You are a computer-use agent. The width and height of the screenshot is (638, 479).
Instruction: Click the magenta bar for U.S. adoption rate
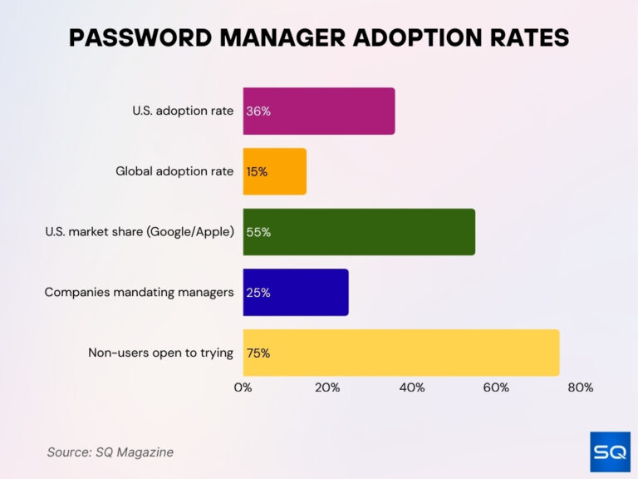pos(319,111)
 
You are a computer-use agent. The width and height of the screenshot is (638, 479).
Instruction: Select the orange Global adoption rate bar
pos(275,171)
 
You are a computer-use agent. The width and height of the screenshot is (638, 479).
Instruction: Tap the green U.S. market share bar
pos(359,232)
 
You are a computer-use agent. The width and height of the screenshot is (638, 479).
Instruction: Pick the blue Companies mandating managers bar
pos(296,292)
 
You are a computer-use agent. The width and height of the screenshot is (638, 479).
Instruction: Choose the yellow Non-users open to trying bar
pos(401,353)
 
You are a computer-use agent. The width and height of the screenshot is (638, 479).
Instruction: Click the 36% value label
pos(258,111)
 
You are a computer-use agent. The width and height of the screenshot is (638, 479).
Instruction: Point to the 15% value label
pos(257,172)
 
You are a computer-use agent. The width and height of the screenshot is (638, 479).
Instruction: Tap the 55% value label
pos(258,232)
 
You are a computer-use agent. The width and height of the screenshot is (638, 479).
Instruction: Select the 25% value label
pos(258,293)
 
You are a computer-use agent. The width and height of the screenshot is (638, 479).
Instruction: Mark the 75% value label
pos(258,353)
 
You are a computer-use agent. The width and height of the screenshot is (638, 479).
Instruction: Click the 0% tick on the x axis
pos(243,388)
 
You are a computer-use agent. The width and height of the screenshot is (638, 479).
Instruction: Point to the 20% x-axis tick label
pos(327,388)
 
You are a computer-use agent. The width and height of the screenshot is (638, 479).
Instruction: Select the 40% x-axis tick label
pos(412,388)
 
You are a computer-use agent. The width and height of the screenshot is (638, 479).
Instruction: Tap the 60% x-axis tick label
pos(496,388)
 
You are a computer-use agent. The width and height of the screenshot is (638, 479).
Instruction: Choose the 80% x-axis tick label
pos(580,388)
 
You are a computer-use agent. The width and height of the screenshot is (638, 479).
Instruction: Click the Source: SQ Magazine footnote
pos(110,452)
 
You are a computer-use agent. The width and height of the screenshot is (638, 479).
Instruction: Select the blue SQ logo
pos(610,452)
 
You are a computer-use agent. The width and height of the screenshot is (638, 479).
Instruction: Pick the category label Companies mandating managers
pos(139,293)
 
